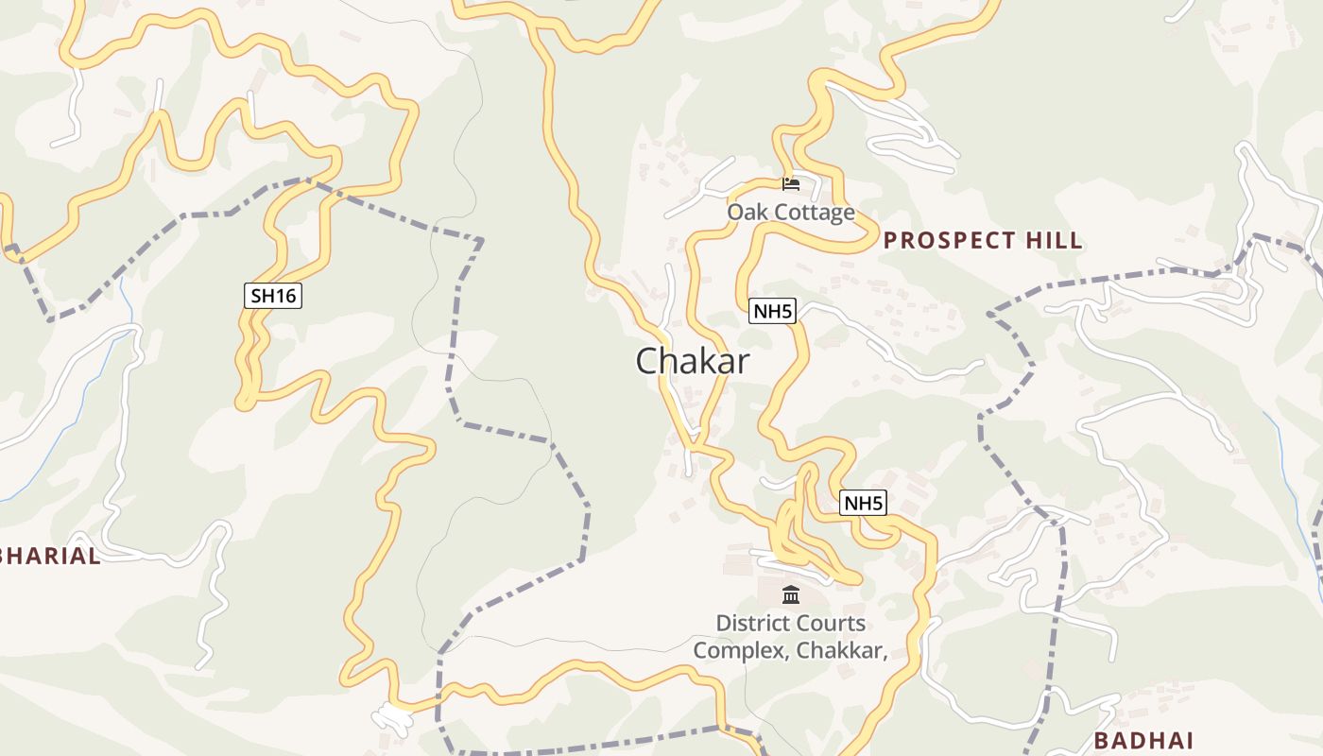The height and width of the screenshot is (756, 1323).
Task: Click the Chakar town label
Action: tap(693, 361)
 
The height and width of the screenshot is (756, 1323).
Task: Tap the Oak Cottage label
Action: tap(790, 213)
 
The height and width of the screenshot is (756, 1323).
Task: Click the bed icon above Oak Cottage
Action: tap(791, 183)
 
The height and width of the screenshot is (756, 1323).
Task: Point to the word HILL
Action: tap(1053, 241)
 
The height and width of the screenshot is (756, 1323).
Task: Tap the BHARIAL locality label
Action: tap(52, 556)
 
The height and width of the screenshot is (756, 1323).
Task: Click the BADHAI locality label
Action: tap(1143, 740)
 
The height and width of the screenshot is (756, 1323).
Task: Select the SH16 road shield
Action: tap(273, 296)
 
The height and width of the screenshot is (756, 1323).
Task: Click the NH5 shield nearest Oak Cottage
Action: tap(772, 311)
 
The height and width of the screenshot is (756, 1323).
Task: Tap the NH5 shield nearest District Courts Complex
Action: tap(863, 504)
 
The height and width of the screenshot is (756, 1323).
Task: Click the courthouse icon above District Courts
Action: tap(791, 595)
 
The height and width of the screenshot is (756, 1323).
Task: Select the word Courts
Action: tap(833, 624)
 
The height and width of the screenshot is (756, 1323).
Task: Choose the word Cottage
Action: tap(812, 213)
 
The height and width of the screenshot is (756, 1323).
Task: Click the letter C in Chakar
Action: tap(647, 361)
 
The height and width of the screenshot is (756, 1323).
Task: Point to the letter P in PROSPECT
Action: tap(890, 241)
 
